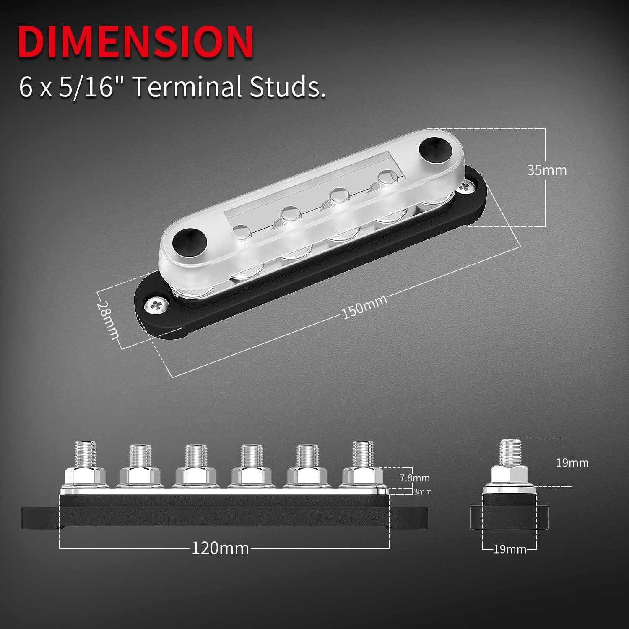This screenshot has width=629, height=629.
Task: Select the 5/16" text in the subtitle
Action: coord(86,87)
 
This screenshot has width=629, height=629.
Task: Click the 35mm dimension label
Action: coord(547,170)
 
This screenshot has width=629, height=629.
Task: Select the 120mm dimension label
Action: coord(220,548)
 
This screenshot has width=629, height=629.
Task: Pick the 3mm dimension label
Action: coord(422,492)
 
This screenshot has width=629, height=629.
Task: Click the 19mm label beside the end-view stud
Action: coord(572,463)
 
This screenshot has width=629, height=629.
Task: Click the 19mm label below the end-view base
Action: coord(509,549)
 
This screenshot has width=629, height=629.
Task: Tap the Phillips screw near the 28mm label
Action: coord(156,305)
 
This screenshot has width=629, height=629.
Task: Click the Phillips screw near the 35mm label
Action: coord(465,187)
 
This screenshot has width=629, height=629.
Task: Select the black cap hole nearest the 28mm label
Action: coord(190,240)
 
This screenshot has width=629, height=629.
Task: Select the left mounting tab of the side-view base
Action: coord(40,518)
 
